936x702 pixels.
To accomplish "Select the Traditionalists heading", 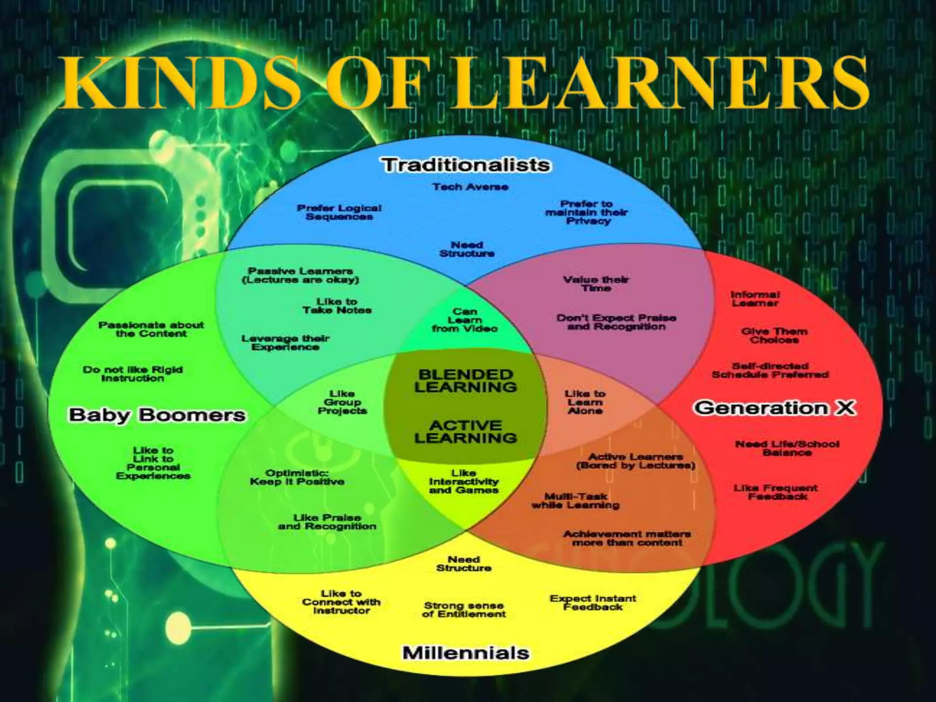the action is pyautogui.click(x=466, y=165).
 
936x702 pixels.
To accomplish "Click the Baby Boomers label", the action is pyautogui.click(x=157, y=415).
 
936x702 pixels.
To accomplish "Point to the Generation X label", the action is pyautogui.click(x=775, y=407).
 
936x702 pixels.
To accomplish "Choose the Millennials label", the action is pyautogui.click(x=466, y=652).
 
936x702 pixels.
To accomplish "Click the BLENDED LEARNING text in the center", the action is pyautogui.click(x=466, y=381).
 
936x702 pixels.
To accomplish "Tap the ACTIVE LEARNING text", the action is pyautogui.click(x=466, y=431).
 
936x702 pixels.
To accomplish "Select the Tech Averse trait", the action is pyautogui.click(x=470, y=186).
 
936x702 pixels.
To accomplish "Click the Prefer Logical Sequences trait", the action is pyautogui.click(x=339, y=212).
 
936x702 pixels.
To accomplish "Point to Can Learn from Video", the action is pyautogui.click(x=465, y=320).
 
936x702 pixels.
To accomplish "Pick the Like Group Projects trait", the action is pyautogui.click(x=342, y=402).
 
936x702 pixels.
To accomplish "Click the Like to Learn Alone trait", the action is pyautogui.click(x=585, y=402).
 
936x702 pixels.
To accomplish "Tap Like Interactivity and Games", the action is pyautogui.click(x=464, y=481).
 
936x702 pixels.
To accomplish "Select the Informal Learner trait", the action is pyautogui.click(x=755, y=298).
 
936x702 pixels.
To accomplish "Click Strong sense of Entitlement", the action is pyautogui.click(x=464, y=610).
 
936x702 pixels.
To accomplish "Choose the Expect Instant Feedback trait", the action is pyautogui.click(x=593, y=602).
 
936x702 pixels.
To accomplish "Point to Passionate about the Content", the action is pyautogui.click(x=151, y=329).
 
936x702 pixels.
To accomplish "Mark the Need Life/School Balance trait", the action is pyautogui.click(x=787, y=448).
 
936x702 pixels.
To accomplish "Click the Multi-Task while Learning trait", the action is pyautogui.click(x=575, y=500).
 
